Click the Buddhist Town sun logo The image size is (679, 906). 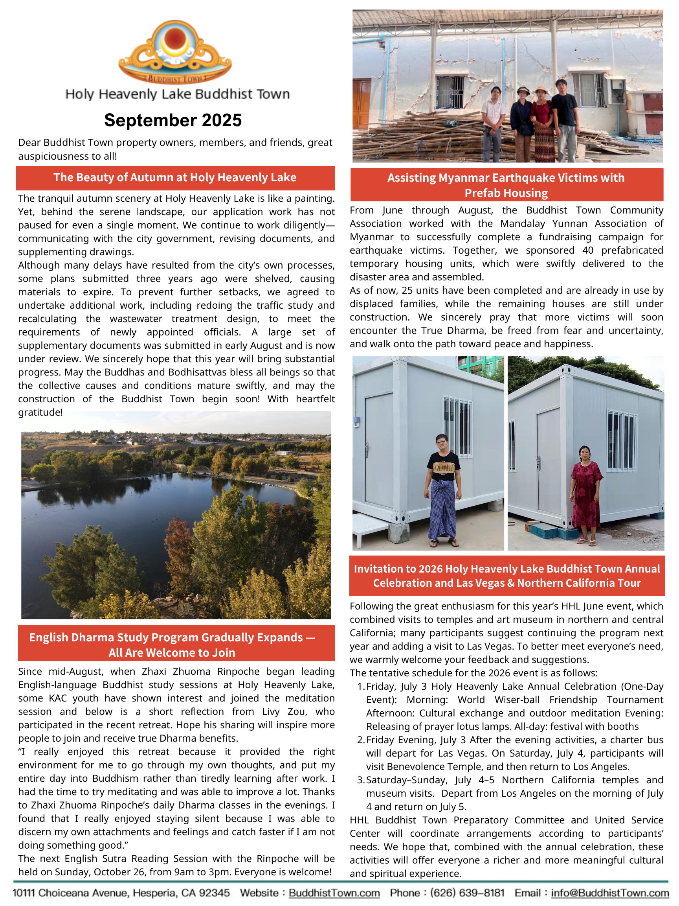pyautogui.click(x=175, y=51)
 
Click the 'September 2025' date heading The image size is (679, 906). pyautogui.click(x=173, y=120)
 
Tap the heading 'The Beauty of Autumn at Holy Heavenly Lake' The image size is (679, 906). pyautogui.click(x=175, y=177)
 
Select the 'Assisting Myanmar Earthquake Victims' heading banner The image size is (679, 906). pyautogui.click(x=506, y=185)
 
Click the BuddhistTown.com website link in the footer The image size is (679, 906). pyautogui.click(x=334, y=893)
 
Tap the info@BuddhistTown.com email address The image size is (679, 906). pyautogui.click(x=610, y=893)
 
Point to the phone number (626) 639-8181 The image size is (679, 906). pyautogui.click(x=467, y=893)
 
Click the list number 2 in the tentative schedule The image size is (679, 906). pyautogui.click(x=360, y=740)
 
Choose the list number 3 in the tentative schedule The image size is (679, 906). pyautogui.click(x=360, y=780)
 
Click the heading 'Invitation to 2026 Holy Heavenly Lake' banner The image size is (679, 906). pyautogui.click(x=506, y=576)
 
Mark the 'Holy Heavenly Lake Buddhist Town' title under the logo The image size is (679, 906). pyautogui.click(x=177, y=94)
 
